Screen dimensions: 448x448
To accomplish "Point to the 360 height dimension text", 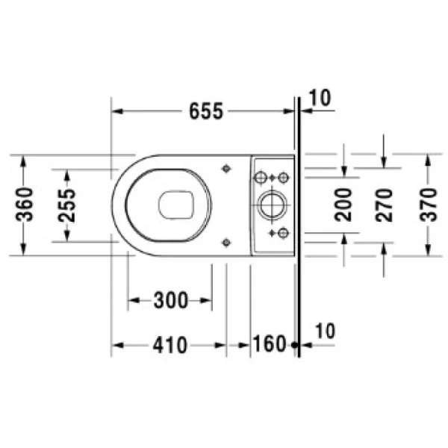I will point(25,205).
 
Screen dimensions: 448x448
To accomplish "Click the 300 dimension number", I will point(170,301).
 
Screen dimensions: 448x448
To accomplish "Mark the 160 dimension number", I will point(270,345).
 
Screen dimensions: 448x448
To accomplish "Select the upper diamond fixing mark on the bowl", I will point(226,169).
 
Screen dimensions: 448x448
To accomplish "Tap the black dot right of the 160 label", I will point(294,345).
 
